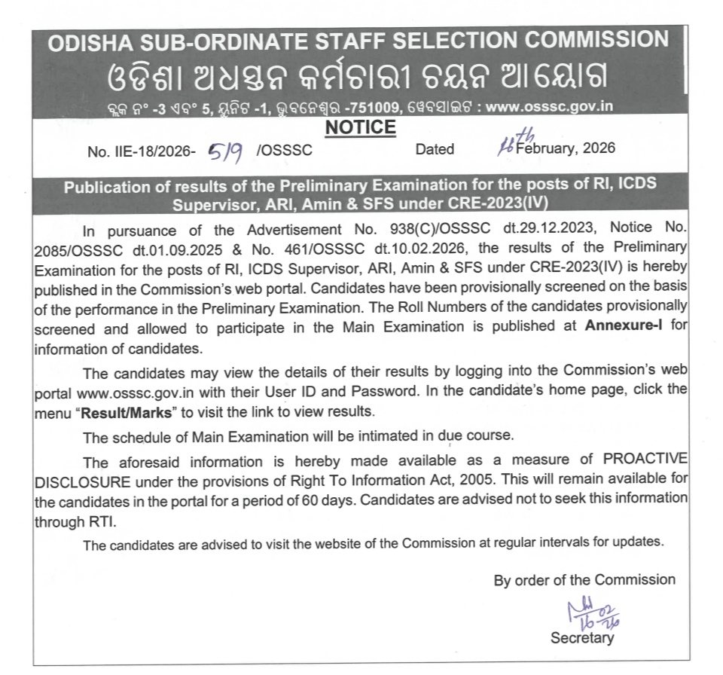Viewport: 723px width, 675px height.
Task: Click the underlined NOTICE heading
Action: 360,127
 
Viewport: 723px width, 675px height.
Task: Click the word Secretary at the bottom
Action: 581,638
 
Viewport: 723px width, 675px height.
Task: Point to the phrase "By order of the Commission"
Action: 584,580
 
